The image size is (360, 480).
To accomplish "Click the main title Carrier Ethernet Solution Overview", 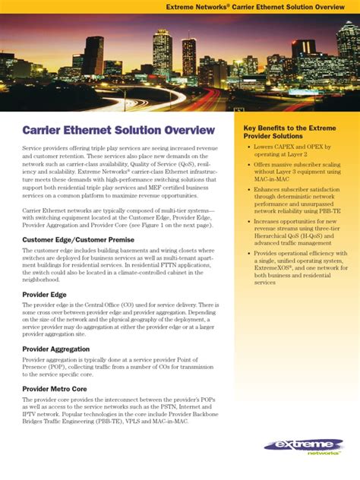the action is click(118, 131).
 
